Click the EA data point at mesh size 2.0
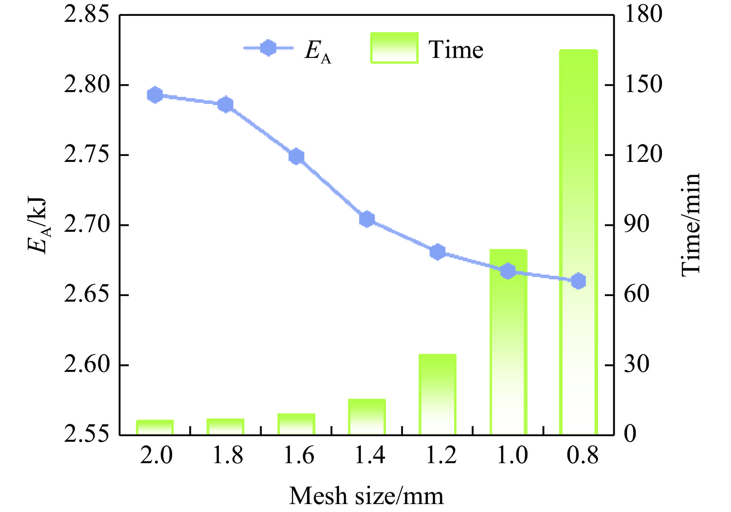[155, 95]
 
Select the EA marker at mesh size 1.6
[296, 156]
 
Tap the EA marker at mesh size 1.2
[437, 252]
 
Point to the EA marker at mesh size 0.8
[579, 281]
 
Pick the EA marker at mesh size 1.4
[367, 219]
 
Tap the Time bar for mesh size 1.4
[367, 417]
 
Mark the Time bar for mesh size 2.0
[155, 427]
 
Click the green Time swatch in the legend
[394, 48]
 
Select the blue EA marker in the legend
[269, 48]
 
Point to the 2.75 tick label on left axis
[86, 155]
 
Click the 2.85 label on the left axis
[86, 15]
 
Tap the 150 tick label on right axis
[643, 85]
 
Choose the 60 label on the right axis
[637, 295]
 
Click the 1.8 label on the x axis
[228, 456]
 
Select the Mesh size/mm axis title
[366, 496]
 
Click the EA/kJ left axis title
[38, 225]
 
